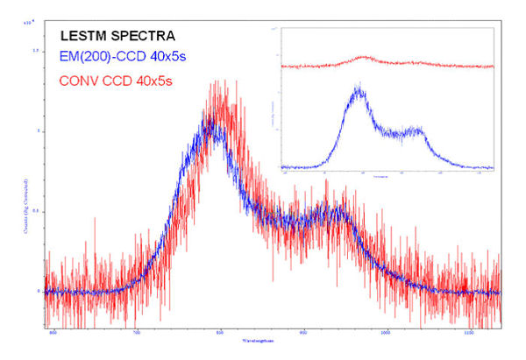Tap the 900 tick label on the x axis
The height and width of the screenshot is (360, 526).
(303, 333)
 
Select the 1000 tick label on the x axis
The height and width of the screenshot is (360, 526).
(387, 333)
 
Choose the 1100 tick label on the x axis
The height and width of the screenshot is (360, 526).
(470, 333)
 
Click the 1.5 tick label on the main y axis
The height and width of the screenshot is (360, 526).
(36, 51)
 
